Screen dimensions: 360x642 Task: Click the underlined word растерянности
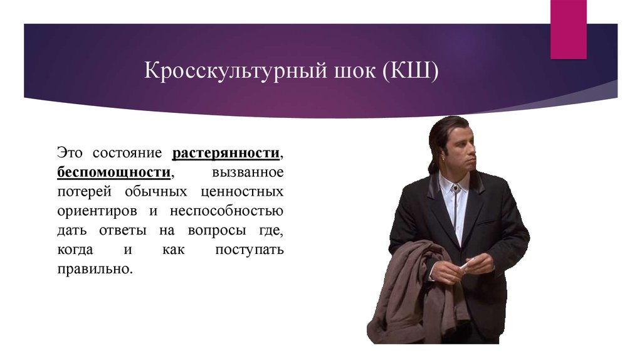pos(226,153)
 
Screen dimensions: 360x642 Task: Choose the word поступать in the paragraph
pos(249,249)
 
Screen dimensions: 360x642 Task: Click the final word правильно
pos(95,268)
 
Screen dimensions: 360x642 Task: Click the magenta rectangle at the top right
pos(568,29)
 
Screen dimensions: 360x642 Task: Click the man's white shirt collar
pos(452,188)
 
